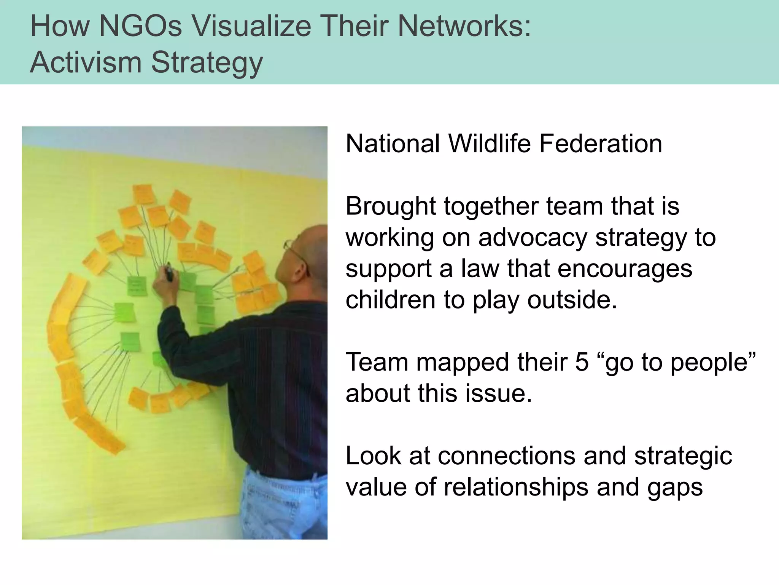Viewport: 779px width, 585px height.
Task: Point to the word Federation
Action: [x=601, y=144]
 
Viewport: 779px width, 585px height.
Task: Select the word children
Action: [x=390, y=300]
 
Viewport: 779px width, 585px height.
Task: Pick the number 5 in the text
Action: [x=582, y=362]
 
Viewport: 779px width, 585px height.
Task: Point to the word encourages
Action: [x=625, y=269]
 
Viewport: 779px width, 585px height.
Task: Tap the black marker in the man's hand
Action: [x=169, y=273]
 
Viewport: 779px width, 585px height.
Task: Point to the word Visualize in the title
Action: [x=251, y=26]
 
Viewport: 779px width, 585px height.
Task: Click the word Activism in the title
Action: [x=86, y=62]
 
